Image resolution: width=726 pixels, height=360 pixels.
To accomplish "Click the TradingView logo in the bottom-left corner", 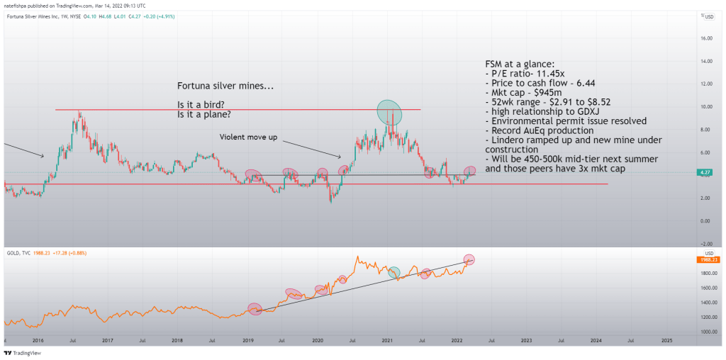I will [x=22, y=352].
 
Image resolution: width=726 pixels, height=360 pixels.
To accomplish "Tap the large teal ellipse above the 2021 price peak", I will [x=389, y=111].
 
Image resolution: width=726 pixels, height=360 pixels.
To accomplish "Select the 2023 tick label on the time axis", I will [x=526, y=340].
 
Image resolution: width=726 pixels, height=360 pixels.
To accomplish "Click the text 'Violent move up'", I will [x=247, y=136].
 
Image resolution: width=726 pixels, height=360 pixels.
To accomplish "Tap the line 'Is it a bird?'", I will [x=201, y=104].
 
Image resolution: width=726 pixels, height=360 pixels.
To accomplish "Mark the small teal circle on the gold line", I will [x=395, y=272].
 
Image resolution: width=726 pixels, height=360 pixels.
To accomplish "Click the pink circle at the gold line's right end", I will [x=468, y=259].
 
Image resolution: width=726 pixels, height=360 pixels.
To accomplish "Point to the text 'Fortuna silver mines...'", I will [x=225, y=86].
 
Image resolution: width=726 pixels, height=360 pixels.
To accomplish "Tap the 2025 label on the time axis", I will [x=666, y=340].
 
